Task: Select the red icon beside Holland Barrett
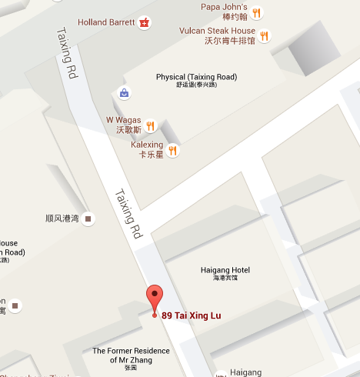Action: pyautogui.click(x=143, y=23)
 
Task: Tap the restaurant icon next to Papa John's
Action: pyautogui.click(x=256, y=12)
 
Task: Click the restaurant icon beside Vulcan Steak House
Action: pyautogui.click(x=265, y=35)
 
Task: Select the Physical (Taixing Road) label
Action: pyautogui.click(x=196, y=81)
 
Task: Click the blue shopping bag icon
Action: pyautogui.click(x=124, y=93)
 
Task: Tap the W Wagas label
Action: pyautogui.click(x=123, y=125)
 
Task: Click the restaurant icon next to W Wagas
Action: pyautogui.click(x=151, y=125)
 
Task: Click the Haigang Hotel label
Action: pyautogui.click(x=225, y=272)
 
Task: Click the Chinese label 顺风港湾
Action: pyautogui.click(x=62, y=219)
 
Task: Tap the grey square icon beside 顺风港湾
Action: pyautogui.click(x=89, y=219)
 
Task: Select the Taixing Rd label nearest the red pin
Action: pyautogui.click(x=128, y=213)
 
